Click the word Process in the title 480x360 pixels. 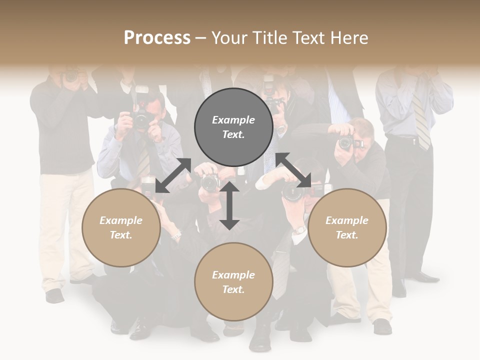[157, 38]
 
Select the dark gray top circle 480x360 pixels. [233, 127]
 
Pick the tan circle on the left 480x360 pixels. [121, 227]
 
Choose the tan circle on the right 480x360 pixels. [347, 227]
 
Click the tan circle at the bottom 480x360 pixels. [233, 281]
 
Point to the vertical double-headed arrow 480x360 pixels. [229, 205]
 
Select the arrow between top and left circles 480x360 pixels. [173, 175]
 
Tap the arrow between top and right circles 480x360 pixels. [293, 170]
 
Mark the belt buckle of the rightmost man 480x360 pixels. [414, 141]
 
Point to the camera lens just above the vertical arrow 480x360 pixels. [210, 183]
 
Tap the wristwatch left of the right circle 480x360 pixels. [299, 230]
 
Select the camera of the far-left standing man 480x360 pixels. [71, 76]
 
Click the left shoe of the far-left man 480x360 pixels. [54, 295]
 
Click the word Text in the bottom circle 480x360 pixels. [233, 289]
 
